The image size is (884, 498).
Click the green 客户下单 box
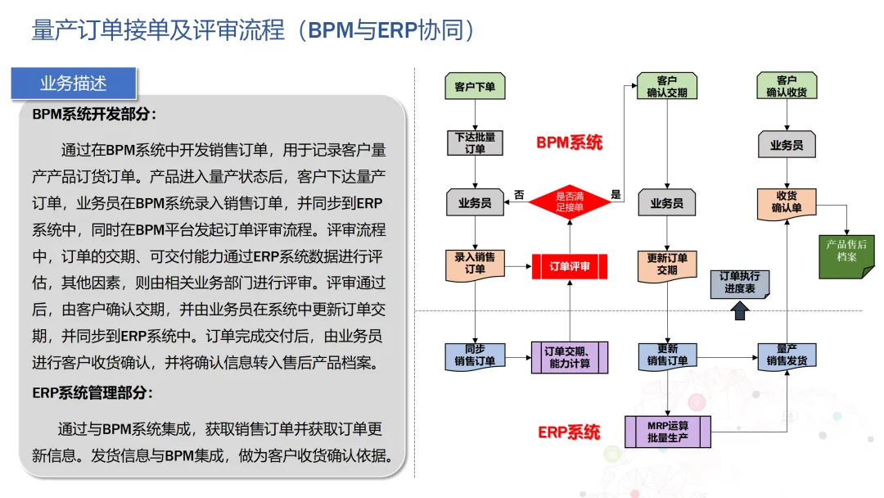click(x=475, y=87)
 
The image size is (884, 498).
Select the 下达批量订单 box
click(x=475, y=143)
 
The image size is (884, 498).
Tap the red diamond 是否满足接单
click(x=570, y=202)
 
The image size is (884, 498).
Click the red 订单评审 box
click(x=570, y=266)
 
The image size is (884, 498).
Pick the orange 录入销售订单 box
click(x=475, y=263)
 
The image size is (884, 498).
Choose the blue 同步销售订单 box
click(x=475, y=355)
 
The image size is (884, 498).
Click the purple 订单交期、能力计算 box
click(x=570, y=357)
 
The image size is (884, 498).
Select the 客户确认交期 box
click(x=666, y=87)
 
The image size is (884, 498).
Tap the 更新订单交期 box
click(x=666, y=263)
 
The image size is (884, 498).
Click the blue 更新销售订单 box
click(x=666, y=355)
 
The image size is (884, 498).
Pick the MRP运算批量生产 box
click(x=667, y=432)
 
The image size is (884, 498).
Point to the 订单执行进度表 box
click(x=740, y=283)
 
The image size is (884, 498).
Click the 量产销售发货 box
click(x=787, y=355)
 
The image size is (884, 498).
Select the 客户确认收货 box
click(x=787, y=87)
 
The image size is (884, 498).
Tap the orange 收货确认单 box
click(x=787, y=202)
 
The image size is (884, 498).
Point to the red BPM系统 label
click(x=570, y=143)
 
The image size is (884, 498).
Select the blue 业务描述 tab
click(x=74, y=83)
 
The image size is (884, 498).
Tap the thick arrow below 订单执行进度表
click(x=740, y=310)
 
